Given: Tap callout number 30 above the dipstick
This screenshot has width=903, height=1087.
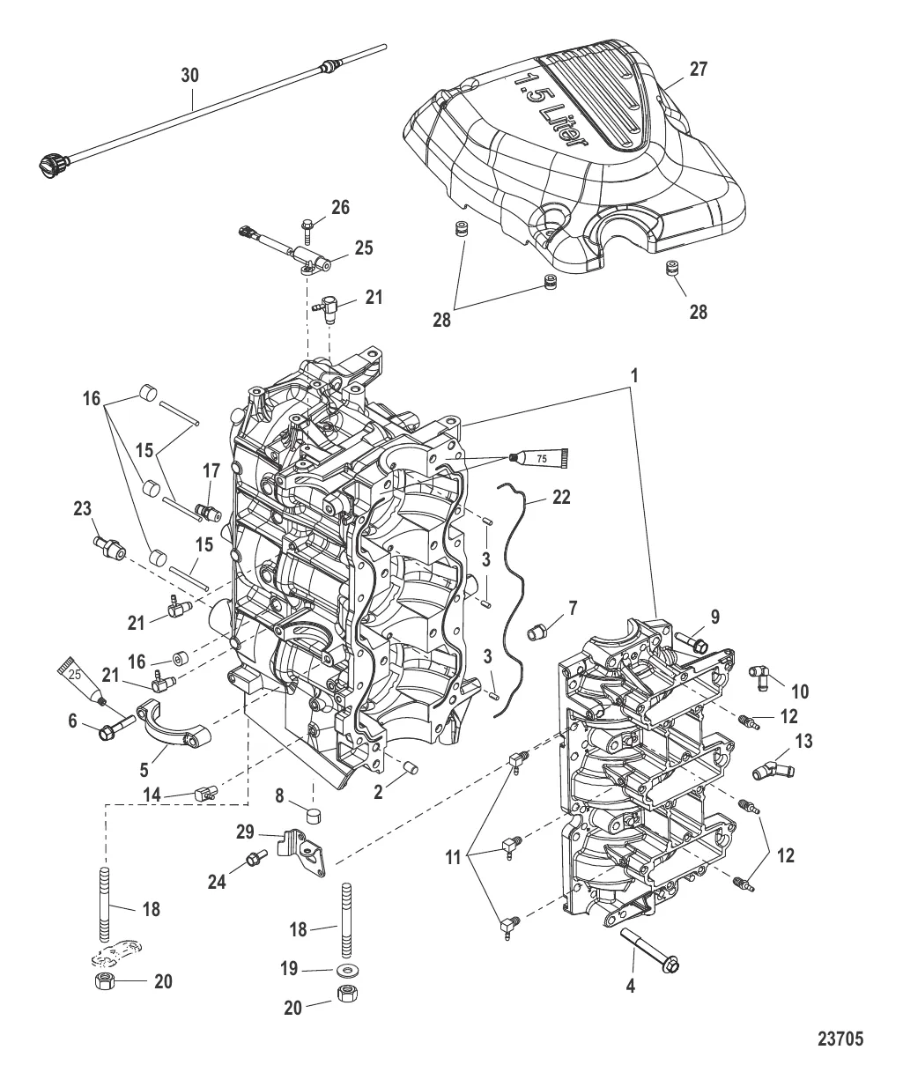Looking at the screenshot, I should click(x=189, y=76).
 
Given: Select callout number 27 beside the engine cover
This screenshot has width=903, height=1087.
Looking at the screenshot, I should click(x=697, y=69).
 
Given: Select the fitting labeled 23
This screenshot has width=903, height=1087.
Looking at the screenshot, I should click(x=108, y=544).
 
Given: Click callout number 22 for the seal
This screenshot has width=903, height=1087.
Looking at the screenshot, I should click(x=561, y=497).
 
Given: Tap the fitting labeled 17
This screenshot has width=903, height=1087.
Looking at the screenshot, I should click(x=208, y=510).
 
